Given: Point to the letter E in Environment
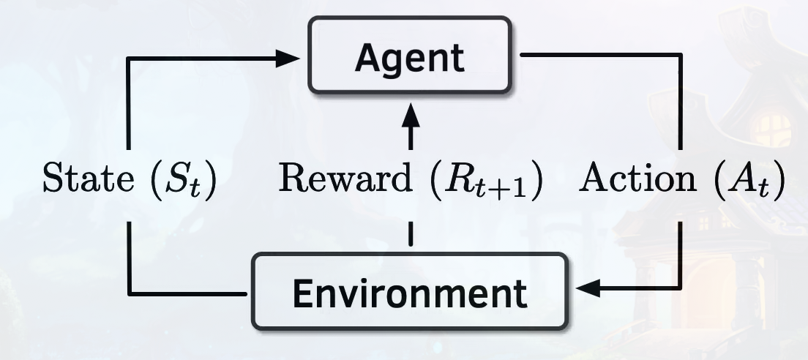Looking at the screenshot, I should (x=302, y=293).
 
